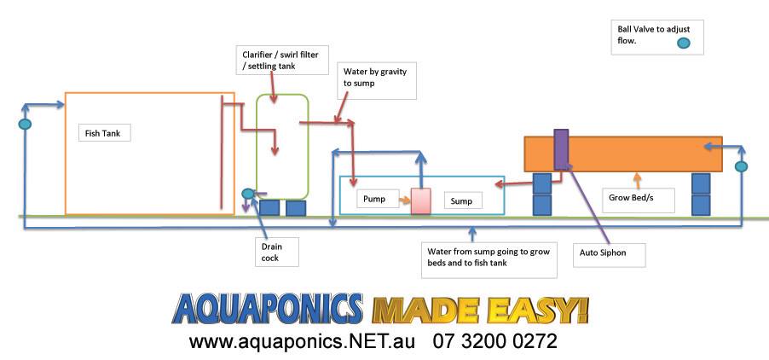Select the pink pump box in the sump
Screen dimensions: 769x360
(x=421, y=201)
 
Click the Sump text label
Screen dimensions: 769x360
(x=462, y=200)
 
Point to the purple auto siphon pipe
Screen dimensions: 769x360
(x=561, y=149)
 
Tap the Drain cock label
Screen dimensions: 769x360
(x=270, y=253)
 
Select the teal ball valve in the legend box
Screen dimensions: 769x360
(x=683, y=44)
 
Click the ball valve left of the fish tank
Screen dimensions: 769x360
(x=25, y=124)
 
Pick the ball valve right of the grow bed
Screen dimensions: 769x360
(x=741, y=166)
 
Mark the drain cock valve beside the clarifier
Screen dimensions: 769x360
(x=249, y=194)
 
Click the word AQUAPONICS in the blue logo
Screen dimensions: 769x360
(x=268, y=309)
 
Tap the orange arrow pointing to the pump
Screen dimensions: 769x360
(x=405, y=200)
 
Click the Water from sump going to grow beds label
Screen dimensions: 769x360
(x=489, y=257)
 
